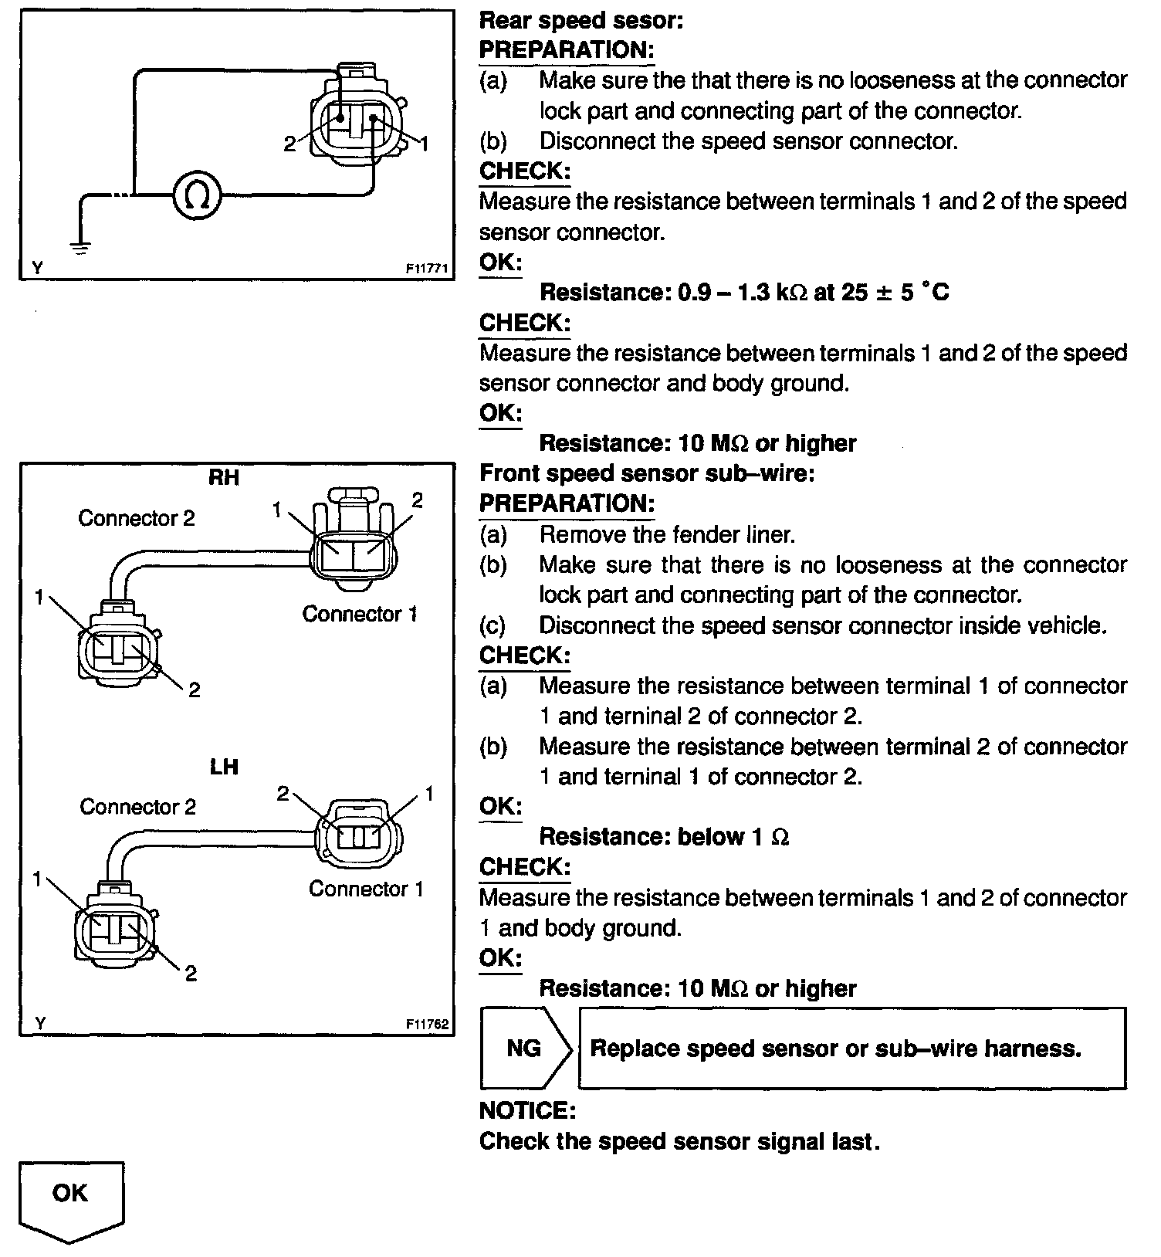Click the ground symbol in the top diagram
[x=80, y=246]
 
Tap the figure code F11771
[x=427, y=269]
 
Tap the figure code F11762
[x=427, y=1025]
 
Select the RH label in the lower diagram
[x=224, y=478]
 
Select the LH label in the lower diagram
[x=224, y=767]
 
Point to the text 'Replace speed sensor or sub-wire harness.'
[x=835, y=1049]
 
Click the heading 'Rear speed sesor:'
[x=581, y=20]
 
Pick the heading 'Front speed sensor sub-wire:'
[x=647, y=473]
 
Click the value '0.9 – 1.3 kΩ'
[x=742, y=293]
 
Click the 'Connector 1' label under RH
[x=360, y=615]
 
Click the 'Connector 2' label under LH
[x=137, y=807]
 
